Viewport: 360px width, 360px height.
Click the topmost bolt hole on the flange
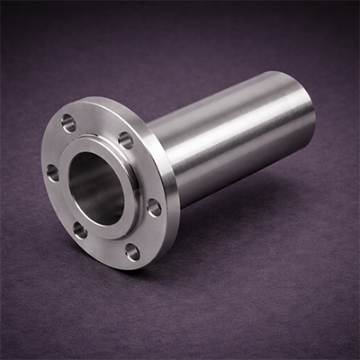[69, 122]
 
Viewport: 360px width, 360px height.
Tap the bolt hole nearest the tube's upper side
[125, 140]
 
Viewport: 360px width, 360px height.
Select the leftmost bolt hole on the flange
[52, 172]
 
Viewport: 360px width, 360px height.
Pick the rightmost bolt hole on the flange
[154, 207]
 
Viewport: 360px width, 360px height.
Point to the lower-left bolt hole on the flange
[80, 229]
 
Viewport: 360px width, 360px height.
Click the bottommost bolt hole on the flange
[133, 251]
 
